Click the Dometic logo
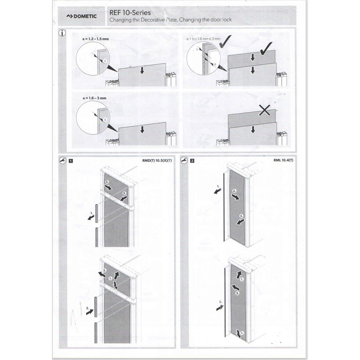point(81,16)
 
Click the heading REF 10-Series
point(130,13)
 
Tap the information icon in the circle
point(62,33)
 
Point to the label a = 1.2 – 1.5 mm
point(95,39)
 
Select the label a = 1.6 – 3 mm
point(94,98)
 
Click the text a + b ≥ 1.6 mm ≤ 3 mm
point(203,39)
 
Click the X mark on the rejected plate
point(265,110)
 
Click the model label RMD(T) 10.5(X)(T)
point(157,160)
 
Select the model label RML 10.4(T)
point(283,160)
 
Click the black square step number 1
point(71,161)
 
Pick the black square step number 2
point(192,161)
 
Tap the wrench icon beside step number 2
point(184,160)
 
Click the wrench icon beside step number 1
point(63,161)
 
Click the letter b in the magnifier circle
point(197,49)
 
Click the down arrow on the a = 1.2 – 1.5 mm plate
point(142,70)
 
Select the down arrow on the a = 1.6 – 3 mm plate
point(142,130)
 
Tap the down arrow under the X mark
point(253,130)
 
